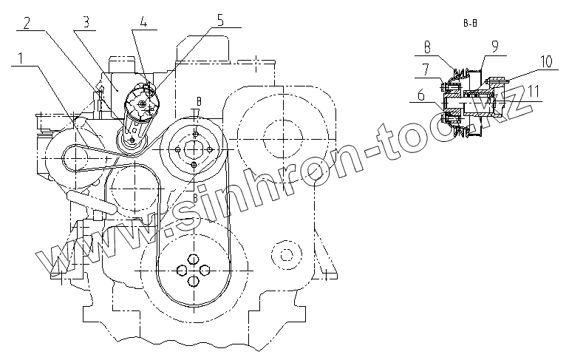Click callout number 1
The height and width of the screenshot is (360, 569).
21,58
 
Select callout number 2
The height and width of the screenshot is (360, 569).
27,24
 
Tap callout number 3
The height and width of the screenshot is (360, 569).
85,22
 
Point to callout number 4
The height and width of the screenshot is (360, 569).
143,21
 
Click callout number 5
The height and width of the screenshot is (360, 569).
220,20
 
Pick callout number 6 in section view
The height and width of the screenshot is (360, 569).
421,95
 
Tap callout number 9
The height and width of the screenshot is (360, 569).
495,47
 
